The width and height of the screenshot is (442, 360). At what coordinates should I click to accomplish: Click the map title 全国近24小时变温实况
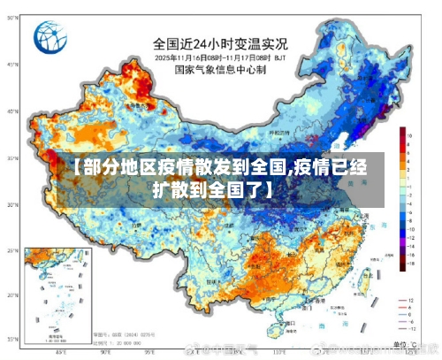220,42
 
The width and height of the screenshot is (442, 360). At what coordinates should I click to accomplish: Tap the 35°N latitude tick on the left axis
11,158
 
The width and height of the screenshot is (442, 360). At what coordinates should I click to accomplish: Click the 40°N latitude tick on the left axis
11,111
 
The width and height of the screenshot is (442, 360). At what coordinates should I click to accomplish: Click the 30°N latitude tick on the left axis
11,205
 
